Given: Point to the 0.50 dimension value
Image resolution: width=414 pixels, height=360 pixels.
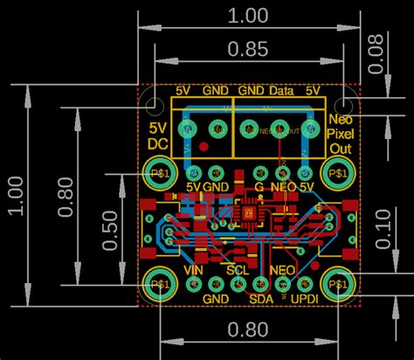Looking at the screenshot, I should coord(110,229).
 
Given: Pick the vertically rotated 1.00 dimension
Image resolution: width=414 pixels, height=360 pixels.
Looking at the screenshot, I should coord(15,195).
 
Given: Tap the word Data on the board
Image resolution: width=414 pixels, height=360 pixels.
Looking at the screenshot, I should coord(280,90).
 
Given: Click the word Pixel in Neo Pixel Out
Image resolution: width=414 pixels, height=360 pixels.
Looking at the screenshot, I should coord(339,134).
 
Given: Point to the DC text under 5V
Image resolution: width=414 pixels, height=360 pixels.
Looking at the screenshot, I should coord(158,143).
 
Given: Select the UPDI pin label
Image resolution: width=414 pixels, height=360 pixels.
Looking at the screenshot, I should coord(305,299).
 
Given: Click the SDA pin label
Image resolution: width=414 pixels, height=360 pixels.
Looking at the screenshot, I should coord(261,299).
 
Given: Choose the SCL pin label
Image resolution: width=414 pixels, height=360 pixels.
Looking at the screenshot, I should coord(238,272).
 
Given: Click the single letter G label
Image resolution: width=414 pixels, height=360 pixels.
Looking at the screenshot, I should coord(259,187).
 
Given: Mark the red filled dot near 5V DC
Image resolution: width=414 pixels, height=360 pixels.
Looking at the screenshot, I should coord(203,146).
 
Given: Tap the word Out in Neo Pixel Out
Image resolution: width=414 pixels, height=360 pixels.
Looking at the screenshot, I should coord(339,149).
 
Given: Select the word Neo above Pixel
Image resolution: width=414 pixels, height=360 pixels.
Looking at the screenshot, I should coord(339,119).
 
